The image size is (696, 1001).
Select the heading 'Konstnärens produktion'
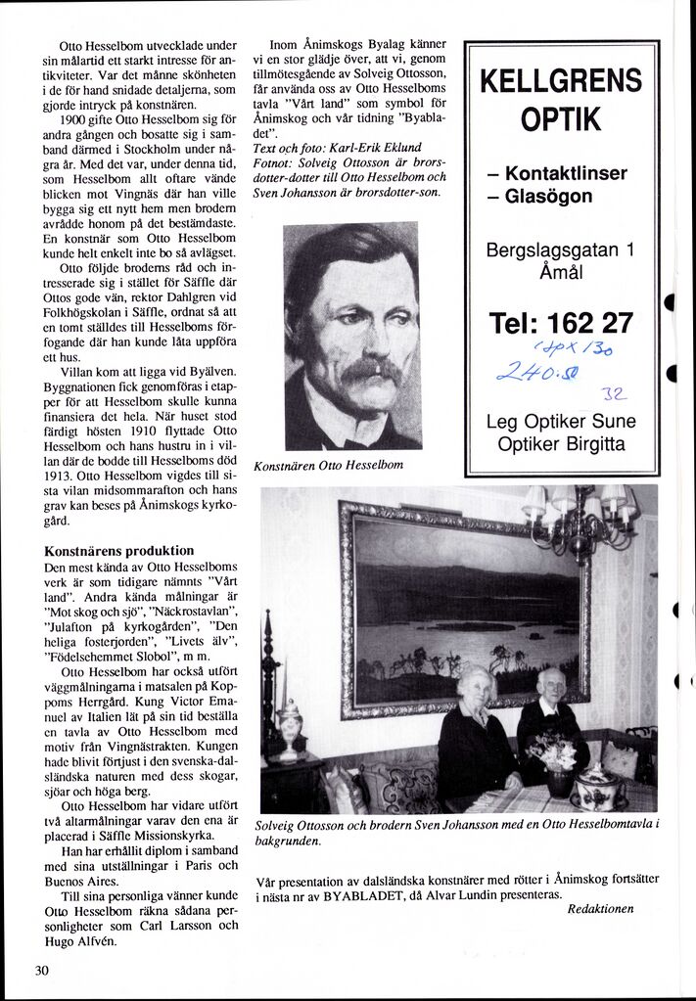119,551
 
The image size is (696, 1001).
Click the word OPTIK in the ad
561,120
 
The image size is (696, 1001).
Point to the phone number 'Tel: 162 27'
561,322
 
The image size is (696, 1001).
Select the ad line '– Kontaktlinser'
557,173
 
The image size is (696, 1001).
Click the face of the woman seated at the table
477,688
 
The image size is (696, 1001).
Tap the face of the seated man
551,685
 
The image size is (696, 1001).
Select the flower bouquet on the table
553,751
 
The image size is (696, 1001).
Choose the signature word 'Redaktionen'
600,909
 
